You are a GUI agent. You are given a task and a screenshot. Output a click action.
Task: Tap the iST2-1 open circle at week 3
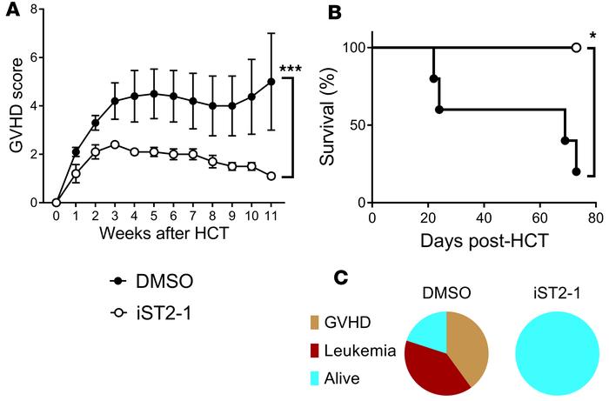click(114, 144)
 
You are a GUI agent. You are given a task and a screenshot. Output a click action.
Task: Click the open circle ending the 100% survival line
click(576, 47)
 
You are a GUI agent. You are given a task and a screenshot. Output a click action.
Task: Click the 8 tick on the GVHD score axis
click(37, 10)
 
